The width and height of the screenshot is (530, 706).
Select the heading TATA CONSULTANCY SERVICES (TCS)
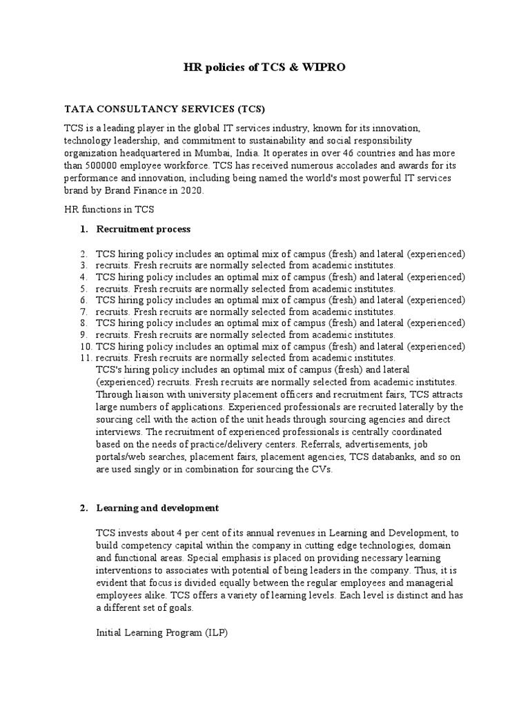[164, 110]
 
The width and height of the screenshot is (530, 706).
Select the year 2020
[191, 191]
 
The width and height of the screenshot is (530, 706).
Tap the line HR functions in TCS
[109, 210]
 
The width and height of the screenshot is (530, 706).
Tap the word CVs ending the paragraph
[321, 470]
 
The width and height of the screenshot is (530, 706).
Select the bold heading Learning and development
[157, 508]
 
